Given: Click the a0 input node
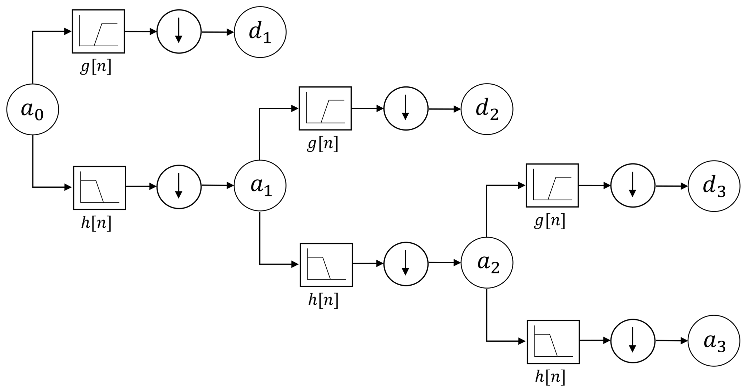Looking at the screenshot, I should [33, 109].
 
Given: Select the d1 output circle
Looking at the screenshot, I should [260, 32].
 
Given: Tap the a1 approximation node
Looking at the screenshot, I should [260, 186].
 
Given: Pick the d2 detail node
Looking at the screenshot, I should [487, 109].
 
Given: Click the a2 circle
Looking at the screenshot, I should [487, 263].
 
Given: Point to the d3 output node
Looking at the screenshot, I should [714, 186].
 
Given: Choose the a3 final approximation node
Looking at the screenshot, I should [714, 341].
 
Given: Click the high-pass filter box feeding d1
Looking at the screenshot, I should [99, 31].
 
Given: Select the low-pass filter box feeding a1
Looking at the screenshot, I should [99, 188].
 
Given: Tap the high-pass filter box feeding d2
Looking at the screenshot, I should [325, 108].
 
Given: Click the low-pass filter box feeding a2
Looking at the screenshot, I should [326, 265].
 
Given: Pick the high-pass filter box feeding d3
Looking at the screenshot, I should [552, 185].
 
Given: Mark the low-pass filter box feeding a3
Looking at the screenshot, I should [553, 342].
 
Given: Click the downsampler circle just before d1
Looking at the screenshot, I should [179, 32].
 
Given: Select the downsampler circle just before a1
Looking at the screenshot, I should [179, 187].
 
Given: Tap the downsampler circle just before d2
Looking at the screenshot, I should [406, 108].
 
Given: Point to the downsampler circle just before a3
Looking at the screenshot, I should [633, 341].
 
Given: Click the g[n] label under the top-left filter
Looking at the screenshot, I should [96, 67].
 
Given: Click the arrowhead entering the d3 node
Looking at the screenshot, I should [684, 186].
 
